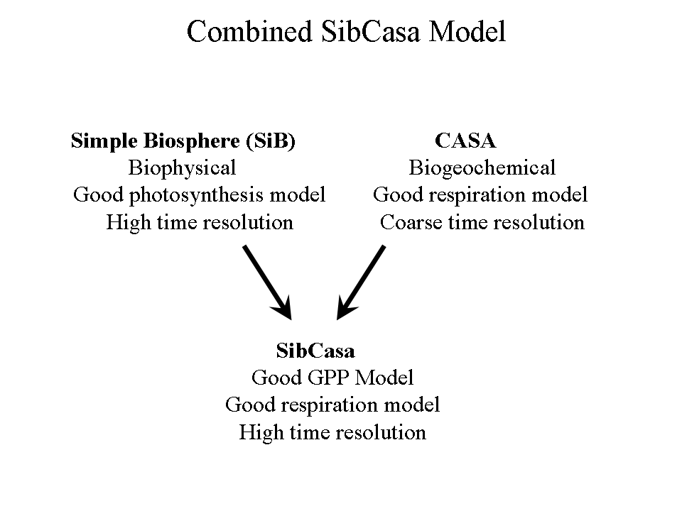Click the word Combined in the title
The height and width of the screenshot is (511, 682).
pyautogui.click(x=249, y=32)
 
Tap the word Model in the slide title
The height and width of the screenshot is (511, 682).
pyautogui.click(x=467, y=32)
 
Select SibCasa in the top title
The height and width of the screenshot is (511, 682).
pyautogui.click(x=371, y=32)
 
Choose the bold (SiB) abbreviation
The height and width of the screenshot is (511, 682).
pyautogui.click(x=271, y=141)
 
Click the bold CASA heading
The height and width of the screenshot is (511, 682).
pyautogui.click(x=465, y=141)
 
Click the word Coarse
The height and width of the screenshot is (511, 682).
pyautogui.click(x=411, y=222)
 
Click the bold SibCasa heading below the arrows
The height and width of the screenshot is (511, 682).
pyautogui.click(x=315, y=351)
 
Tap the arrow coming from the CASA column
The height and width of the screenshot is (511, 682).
pyautogui.click(x=361, y=283)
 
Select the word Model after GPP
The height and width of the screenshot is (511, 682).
pyautogui.click(x=384, y=378)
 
